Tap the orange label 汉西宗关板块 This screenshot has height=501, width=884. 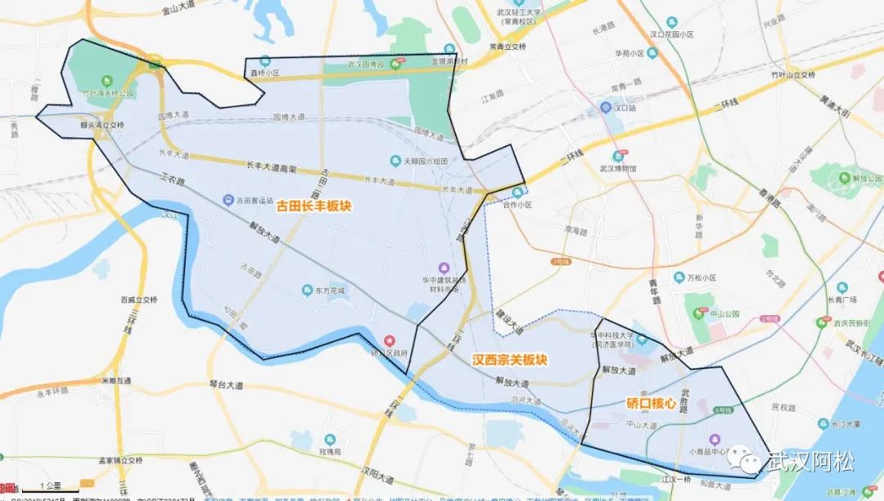[510, 359]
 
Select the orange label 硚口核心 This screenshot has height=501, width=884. [651, 403]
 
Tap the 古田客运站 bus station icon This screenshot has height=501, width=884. [229, 200]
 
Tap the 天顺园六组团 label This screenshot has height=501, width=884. [425, 161]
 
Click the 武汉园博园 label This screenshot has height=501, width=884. [366, 65]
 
